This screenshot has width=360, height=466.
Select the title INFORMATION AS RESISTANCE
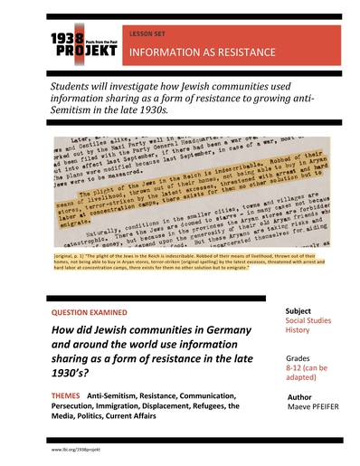pyautogui.click(x=203, y=53)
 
